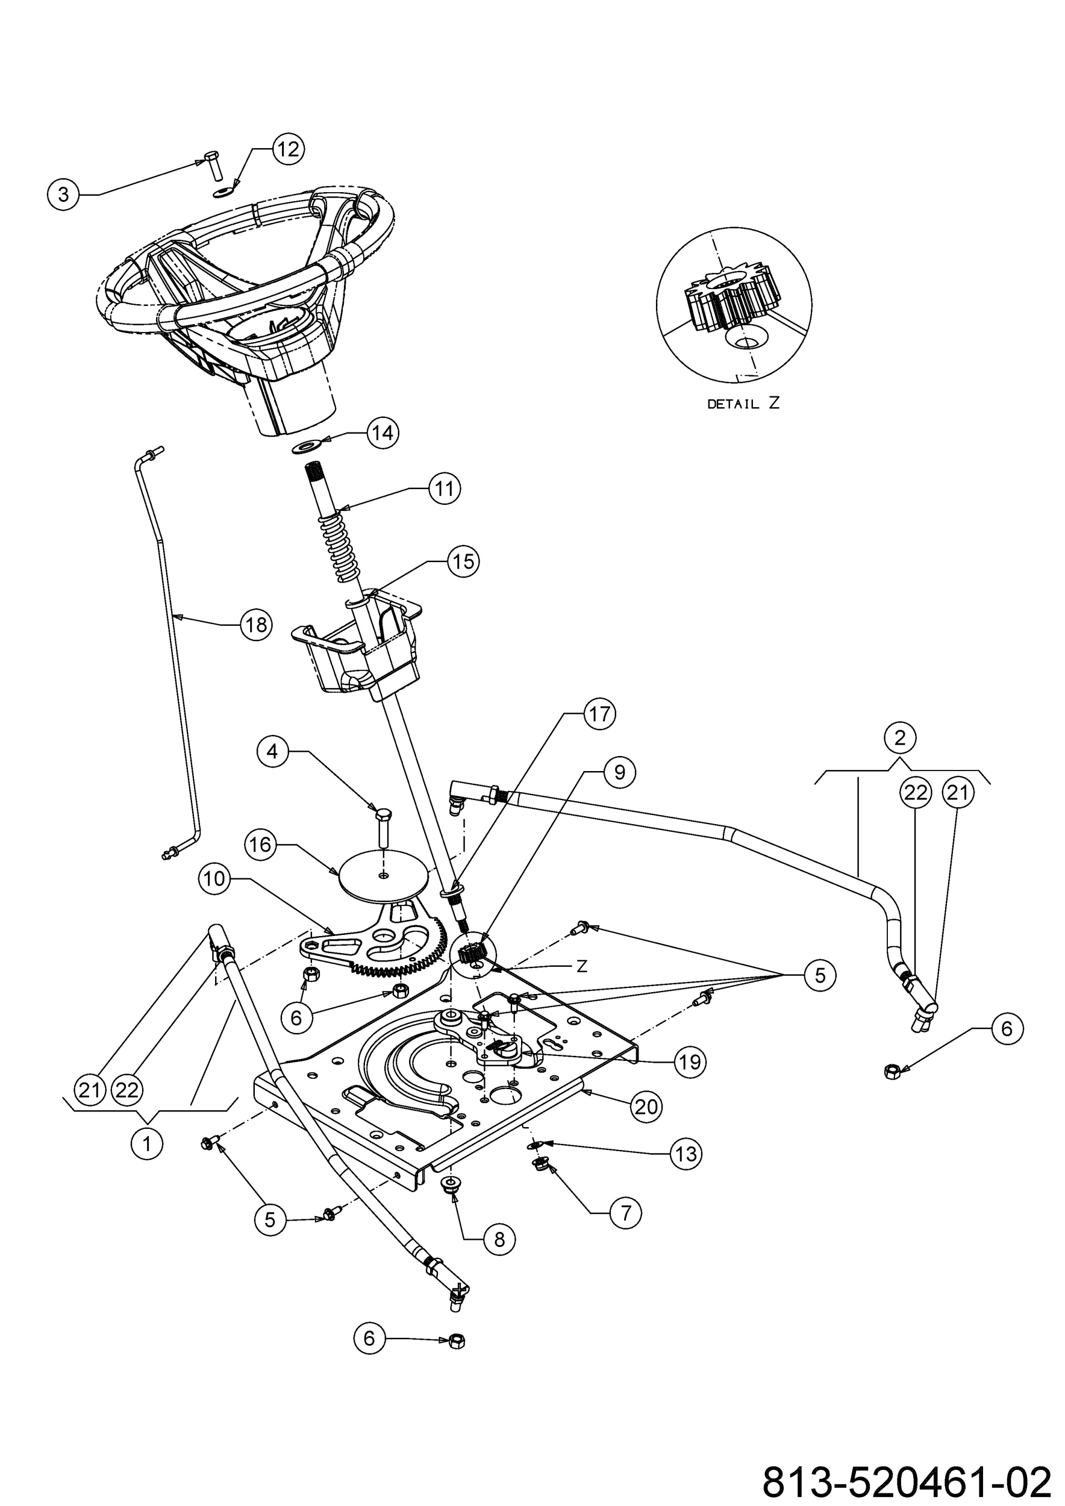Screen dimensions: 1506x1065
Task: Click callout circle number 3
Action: pyautogui.click(x=63, y=194)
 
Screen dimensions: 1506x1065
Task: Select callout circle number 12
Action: pyautogui.click(x=288, y=149)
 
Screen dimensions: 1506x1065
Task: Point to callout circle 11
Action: pyautogui.click(x=445, y=489)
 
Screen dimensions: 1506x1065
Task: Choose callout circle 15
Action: pyautogui.click(x=463, y=561)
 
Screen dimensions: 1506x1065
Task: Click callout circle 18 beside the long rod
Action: pyautogui.click(x=256, y=625)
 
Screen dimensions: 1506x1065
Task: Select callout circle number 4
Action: pyautogui.click(x=273, y=751)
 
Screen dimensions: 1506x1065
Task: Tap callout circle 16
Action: pyautogui.click(x=260, y=844)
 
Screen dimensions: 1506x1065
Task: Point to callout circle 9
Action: pyautogui.click(x=619, y=772)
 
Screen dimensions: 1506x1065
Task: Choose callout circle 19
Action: pyautogui.click(x=690, y=1062)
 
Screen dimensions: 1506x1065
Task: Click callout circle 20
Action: pyautogui.click(x=646, y=1107)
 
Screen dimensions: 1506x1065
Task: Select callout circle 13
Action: pyautogui.click(x=686, y=1154)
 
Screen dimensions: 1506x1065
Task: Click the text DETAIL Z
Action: pyautogui.click(x=743, y=404)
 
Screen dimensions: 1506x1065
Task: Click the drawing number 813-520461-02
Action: pyautogui.click(x=907, y=1478)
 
